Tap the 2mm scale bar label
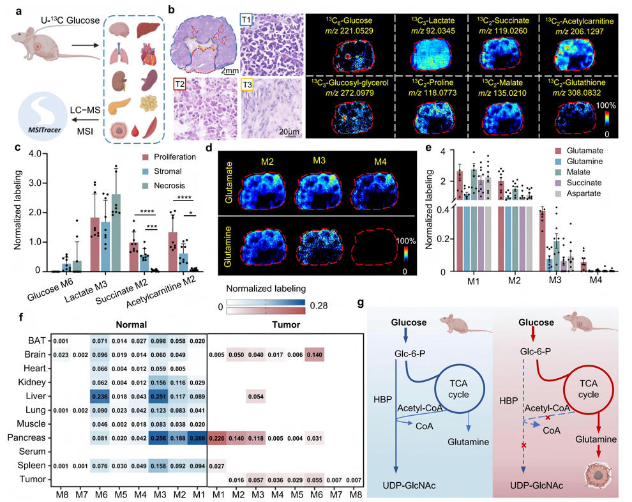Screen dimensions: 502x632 pyautogui.click(x=229, y=70)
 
